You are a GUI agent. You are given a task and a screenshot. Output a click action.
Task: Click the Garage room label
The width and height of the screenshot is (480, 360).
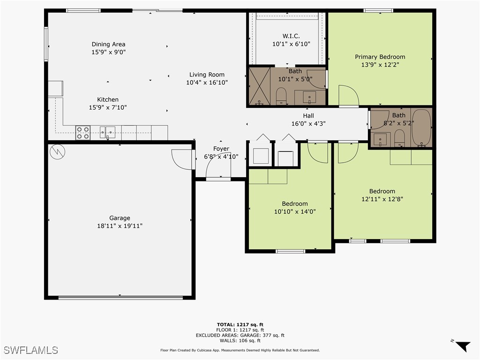tap(120, 218)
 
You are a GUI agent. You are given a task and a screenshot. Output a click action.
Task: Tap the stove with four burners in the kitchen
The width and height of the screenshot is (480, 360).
tap(83, 133)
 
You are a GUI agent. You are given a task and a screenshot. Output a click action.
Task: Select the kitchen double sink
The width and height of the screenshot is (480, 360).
tap(107, 133)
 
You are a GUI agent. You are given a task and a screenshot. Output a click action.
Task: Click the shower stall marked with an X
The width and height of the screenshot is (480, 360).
tap(259, 86)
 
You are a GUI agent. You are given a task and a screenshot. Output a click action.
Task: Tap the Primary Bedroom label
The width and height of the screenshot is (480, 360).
tap(380, 57)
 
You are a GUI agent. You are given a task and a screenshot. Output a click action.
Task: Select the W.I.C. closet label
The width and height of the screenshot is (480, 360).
tap(291, 36)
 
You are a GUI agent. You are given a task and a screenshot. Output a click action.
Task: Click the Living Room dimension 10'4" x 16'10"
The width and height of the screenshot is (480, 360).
tap(207, 82)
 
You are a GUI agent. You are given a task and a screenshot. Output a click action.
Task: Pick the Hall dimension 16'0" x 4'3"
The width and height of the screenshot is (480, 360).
tap(308, 124)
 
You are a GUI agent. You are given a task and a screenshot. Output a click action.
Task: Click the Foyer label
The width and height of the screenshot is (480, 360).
tap(221, 149)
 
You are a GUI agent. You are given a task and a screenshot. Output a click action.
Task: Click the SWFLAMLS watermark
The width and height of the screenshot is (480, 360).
tap(31, 350)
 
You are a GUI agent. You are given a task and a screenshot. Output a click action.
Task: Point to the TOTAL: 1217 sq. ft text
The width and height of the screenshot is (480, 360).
tap(240, 324)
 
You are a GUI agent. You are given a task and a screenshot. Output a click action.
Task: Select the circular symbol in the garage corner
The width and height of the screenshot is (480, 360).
tap(57, 151)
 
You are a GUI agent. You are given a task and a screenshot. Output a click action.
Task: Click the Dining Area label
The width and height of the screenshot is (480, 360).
tap(108, 45)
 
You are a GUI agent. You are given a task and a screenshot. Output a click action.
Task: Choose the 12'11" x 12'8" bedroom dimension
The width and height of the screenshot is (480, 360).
tap(382, 199)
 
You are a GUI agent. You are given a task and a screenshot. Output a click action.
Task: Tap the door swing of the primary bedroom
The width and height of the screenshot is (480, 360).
tap(348, 96)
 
